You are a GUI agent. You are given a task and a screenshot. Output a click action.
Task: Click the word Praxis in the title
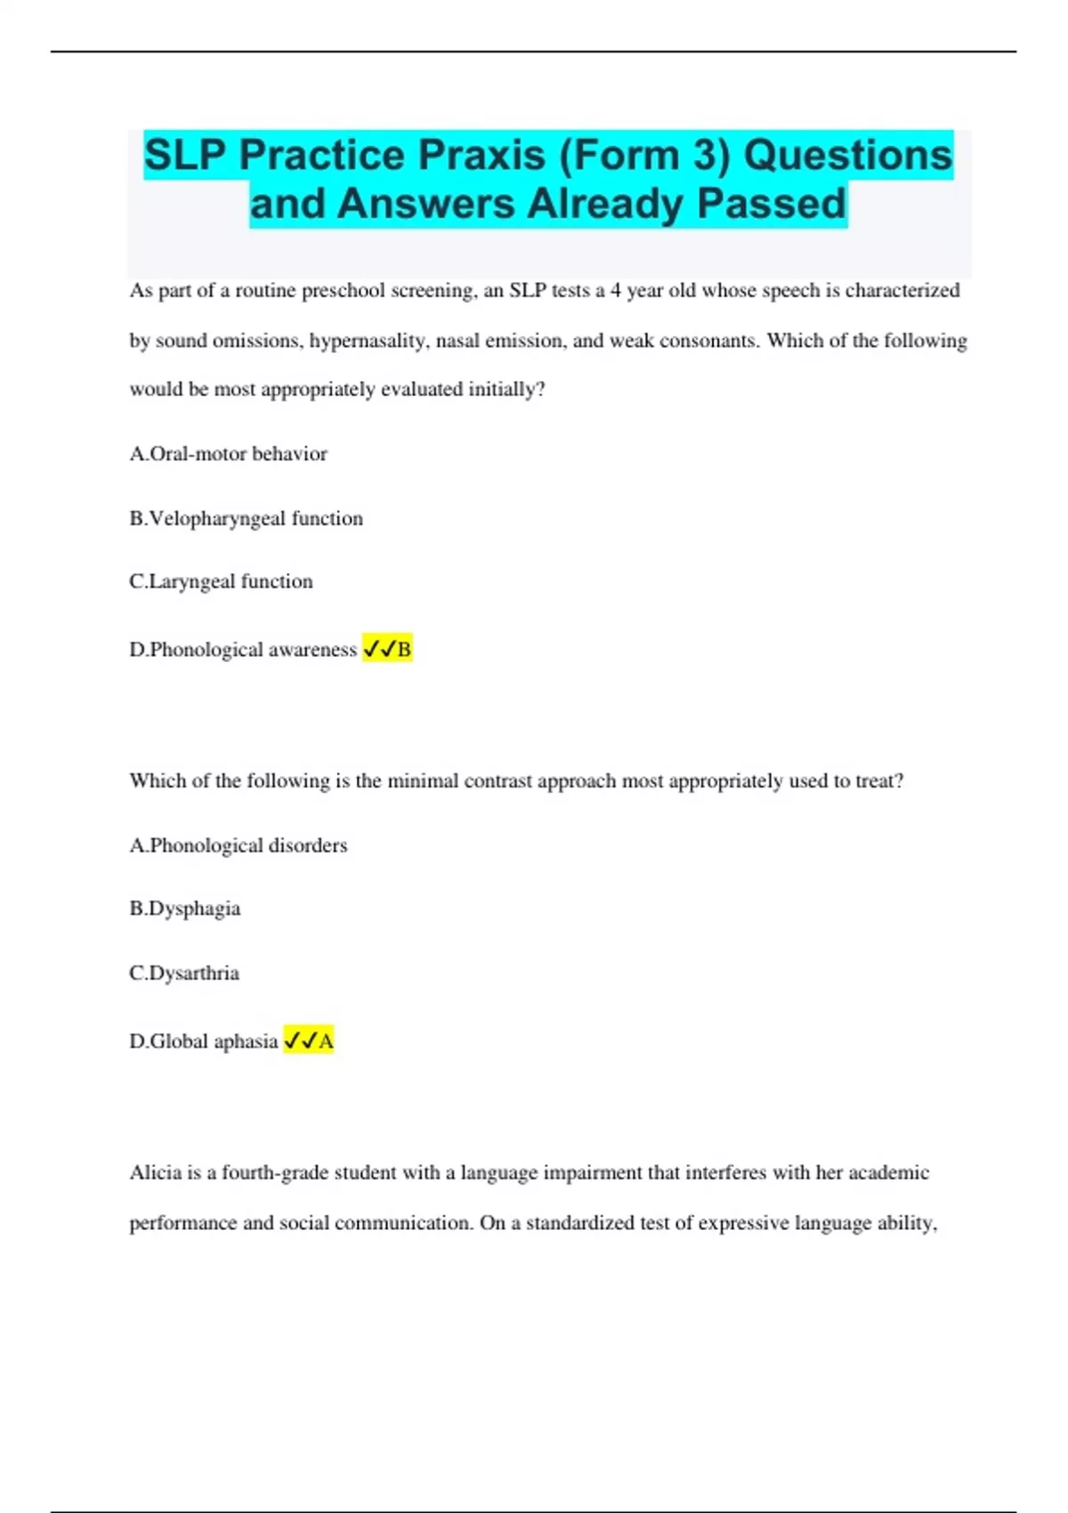481,156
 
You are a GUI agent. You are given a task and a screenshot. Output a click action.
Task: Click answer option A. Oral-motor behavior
229,454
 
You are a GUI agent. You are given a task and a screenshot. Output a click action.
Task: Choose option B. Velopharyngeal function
247,518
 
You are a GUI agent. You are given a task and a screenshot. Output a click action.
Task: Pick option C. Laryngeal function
222,581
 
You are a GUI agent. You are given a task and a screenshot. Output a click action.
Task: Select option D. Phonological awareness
243,650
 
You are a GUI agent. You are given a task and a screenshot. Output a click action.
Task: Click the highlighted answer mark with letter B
387,650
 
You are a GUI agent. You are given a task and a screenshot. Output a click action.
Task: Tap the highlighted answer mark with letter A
309,1040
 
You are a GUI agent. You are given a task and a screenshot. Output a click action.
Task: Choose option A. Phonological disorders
239,845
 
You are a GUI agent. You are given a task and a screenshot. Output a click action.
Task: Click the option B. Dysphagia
185,909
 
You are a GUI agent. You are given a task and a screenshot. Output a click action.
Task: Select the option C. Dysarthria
184,973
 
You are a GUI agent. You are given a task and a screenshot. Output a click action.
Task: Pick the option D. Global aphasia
204,1041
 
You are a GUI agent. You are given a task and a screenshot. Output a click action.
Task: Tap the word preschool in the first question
343,291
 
